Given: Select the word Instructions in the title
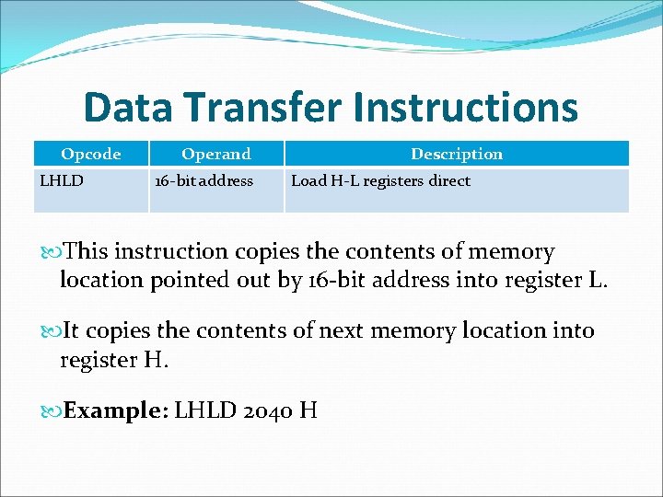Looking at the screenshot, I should (x=465, y=108).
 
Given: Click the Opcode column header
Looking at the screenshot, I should (x=90, y=154).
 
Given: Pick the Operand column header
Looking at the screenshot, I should (x=215, y=154).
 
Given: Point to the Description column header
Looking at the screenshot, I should (x=457, y=154).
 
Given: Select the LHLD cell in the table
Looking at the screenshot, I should (x=62, y=181).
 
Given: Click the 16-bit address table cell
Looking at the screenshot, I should (x=204, y=181).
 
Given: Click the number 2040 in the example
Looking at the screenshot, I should (x=268, y=410).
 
